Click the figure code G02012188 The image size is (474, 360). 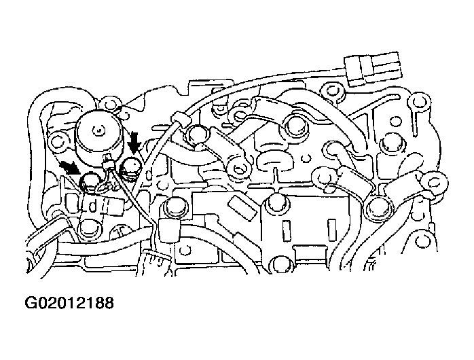(x=69, y=303)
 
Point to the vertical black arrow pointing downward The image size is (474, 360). (x=133, y=143)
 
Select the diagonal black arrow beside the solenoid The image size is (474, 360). (x=69, y=168)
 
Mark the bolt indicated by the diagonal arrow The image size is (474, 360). (x=89, y=182)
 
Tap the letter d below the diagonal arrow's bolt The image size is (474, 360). (x=93, y=206)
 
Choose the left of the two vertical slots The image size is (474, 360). (x=286, y=231)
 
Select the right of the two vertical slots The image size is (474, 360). (x=331, y=230)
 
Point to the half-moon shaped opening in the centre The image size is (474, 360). (x=275, y=161)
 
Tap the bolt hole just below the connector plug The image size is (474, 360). (x=332, y=91)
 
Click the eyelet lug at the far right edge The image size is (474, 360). (x=434, y=182)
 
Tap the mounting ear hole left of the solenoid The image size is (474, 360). (x=57, y=141)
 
